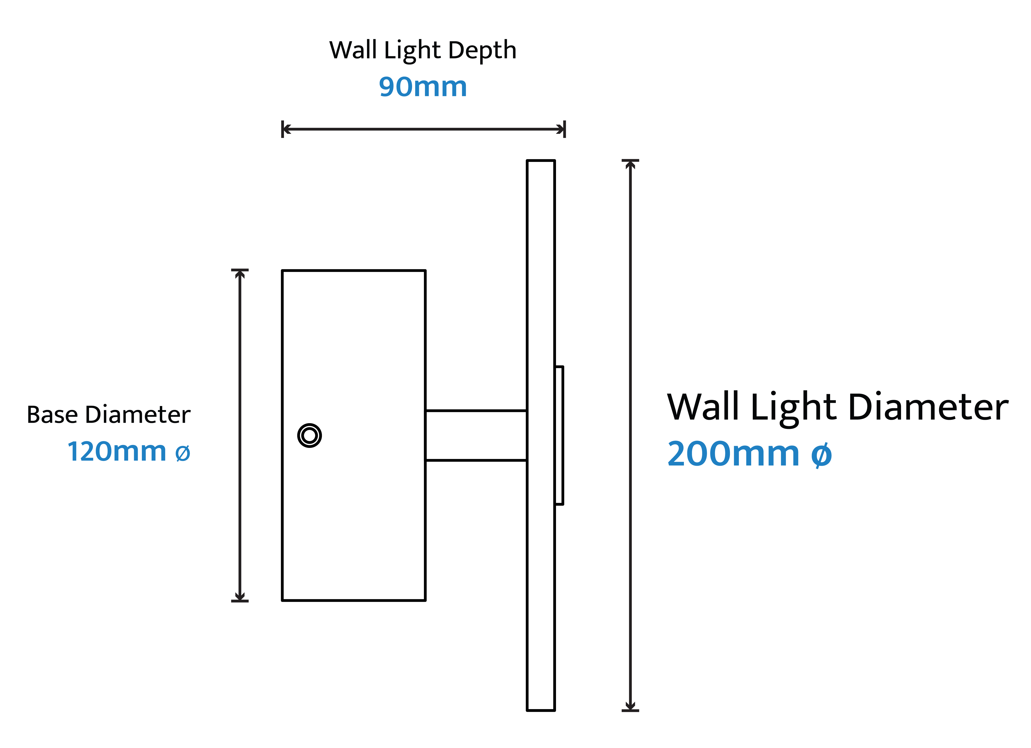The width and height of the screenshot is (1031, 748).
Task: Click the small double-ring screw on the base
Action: click(310, 435)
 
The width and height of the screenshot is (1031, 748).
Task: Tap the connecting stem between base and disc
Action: click(476, 435)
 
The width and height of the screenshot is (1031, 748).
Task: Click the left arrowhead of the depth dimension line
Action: click(286, 129)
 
